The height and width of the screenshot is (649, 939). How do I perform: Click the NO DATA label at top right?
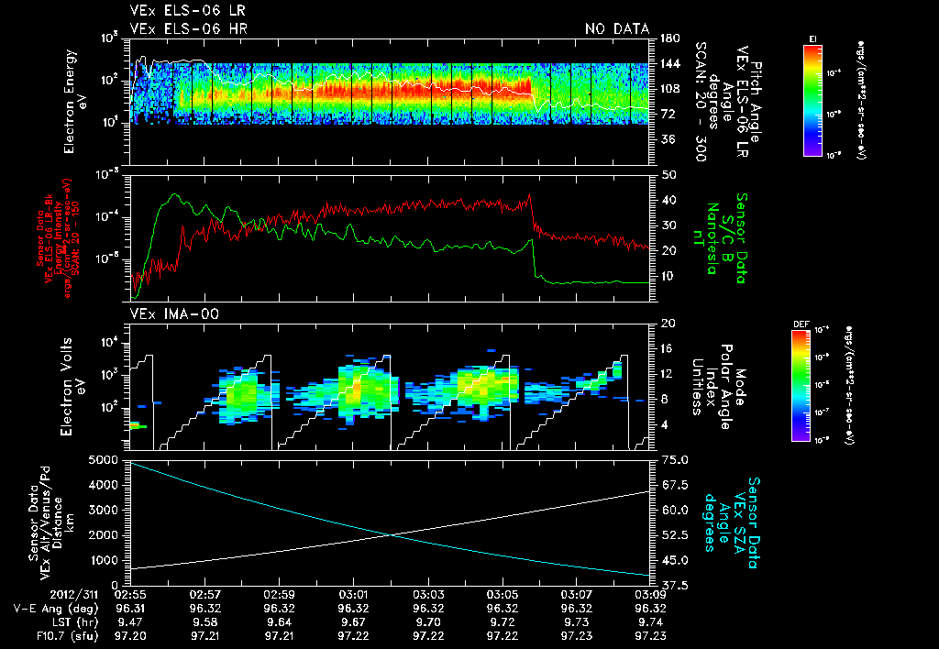[x=617, y=29]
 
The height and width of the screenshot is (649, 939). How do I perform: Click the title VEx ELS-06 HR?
[x=189, y=29]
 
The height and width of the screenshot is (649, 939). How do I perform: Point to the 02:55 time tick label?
[x=128, y=594]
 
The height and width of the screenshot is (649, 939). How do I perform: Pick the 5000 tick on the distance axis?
[x=105, y=459]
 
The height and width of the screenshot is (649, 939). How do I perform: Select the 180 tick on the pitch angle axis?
[x=669, y=38]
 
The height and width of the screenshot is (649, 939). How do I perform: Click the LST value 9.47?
[x=128, y=621]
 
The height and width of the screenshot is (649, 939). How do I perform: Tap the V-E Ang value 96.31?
[x=128, y=608]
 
